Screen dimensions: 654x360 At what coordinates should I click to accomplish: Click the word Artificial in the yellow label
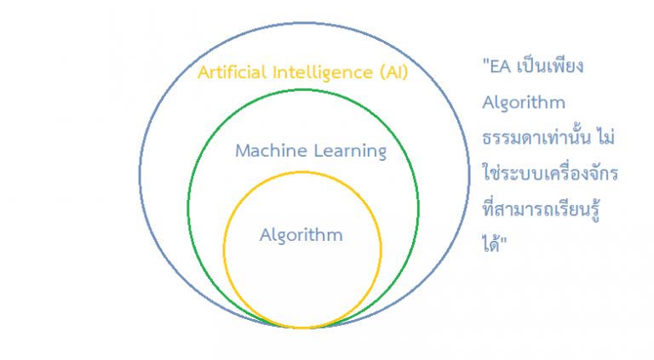point(232,72)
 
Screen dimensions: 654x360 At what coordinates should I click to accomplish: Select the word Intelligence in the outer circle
point(323,73)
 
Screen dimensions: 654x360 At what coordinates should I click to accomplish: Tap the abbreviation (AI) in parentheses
point(393,72)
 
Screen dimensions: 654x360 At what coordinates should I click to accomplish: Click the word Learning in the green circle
point(350,151)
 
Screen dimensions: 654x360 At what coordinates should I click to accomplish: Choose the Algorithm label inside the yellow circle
point(301,236)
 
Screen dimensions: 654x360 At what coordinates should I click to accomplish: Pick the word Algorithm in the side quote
point(524,103)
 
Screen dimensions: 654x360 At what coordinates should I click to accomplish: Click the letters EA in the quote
point(501,66)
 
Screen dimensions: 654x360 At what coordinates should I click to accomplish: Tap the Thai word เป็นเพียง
point(550,66)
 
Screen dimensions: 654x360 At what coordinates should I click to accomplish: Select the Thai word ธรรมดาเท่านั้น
point(536,137)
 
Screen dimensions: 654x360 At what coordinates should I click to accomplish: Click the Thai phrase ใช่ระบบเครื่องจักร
point(550,172)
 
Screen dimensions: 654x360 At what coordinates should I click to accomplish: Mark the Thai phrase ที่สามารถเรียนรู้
point(541,209)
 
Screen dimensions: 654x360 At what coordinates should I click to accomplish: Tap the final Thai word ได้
point(490,243)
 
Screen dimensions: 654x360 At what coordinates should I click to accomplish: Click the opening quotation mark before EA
point(486,62)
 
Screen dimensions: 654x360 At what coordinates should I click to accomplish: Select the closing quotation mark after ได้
point(503,240)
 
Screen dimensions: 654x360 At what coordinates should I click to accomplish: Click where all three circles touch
point(303,328)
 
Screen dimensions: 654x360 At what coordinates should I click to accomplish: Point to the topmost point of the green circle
point(303,89)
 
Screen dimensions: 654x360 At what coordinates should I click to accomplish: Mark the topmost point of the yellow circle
point(302,172)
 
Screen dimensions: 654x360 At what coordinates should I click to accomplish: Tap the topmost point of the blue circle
point(304,23)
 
